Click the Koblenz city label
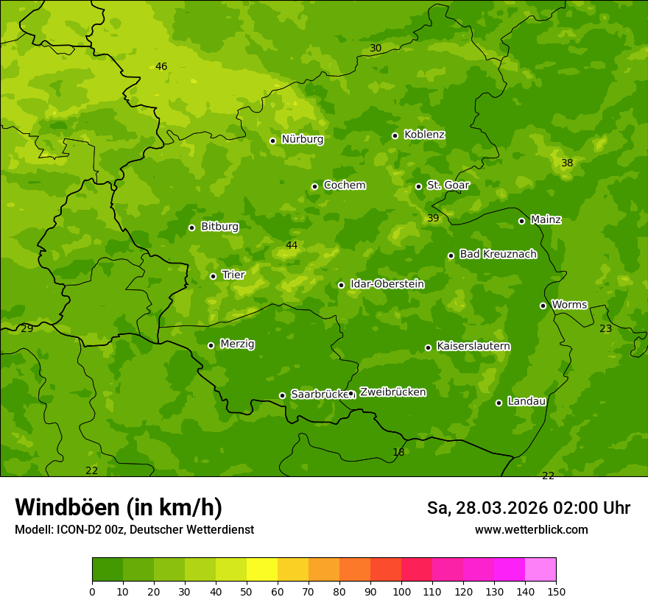click(424, 135)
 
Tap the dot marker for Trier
click(214, 276)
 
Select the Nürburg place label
click(302, 139)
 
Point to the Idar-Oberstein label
click(387, 284)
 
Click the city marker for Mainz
click(521, 221)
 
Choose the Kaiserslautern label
click(473, 346)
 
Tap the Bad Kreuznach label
click(498, 254)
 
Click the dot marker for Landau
click(499, 403)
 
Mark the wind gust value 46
click(161, 66)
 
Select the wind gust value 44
click(292, 245)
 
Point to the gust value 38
click(567, 163)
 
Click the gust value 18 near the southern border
click(398, 452)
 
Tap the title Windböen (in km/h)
click(119, 507)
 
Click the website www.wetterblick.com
click(531, 529)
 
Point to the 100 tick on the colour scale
click(401, 591)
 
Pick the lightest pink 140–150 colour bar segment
click(540, 570)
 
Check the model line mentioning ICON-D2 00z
click(134, 529)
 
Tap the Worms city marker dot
click(543, 305)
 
